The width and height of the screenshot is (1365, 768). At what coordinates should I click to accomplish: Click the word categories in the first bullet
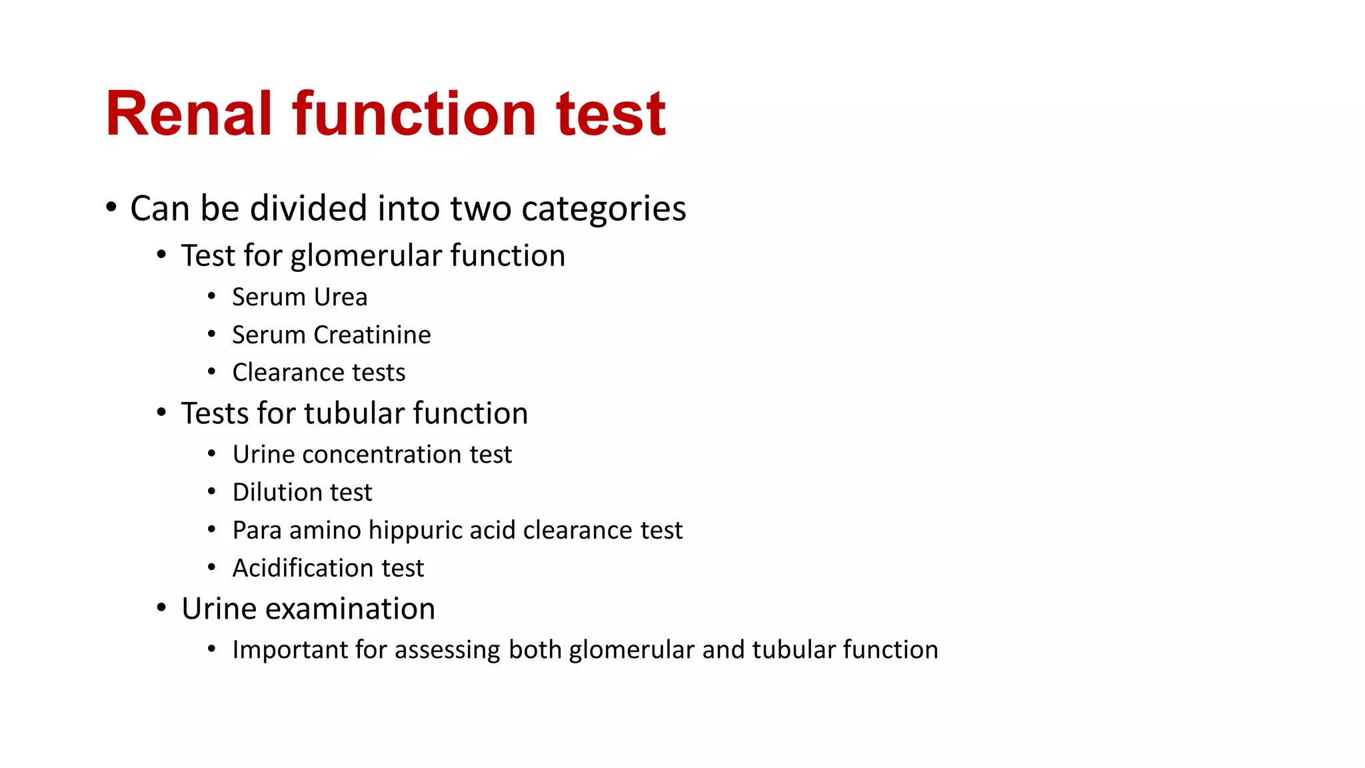(x=603, y=209)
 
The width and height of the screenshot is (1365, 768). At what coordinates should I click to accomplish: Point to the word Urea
(x=341, y=297)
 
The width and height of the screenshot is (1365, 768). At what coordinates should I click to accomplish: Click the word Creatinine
(x=373, y=335)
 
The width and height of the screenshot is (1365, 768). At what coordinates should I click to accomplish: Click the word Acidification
(x=303, y=568)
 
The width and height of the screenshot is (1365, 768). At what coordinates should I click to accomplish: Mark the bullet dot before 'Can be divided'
(x=111, y=207)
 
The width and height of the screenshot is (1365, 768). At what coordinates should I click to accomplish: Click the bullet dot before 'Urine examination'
(x=161, y=608)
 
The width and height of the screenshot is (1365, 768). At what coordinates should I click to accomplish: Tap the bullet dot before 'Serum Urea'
(x=211, y=296)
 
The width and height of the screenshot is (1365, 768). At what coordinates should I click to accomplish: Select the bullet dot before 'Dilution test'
(x=211, y=492)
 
